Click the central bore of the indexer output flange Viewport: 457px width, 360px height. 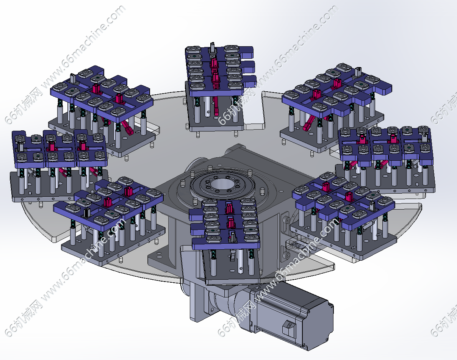pos(222,184)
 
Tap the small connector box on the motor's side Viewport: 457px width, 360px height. pos(289,330)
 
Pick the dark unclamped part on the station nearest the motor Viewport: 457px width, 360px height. pos(232,236)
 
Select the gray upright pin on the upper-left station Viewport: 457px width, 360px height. pos(73,78)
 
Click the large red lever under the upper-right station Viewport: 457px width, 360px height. pos(308,123)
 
